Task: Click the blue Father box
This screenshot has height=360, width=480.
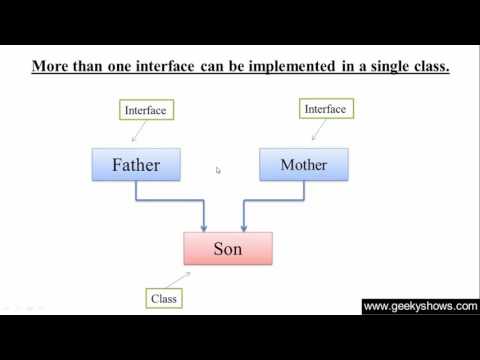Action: click(x=136, y=165)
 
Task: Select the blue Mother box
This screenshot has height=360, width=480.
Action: click(x=303, y=165)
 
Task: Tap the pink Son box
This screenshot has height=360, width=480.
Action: click(x=227, y=248)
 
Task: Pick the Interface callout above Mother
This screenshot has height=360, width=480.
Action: click(x=324, y=108)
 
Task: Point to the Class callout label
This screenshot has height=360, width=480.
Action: click(x=163, y=298)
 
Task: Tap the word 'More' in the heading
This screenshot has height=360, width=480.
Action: click(x=50, y=68)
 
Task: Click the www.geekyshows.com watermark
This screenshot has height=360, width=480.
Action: click(x=420, y=307)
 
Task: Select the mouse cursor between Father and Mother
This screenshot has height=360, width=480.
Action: click(x=218, y=170)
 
